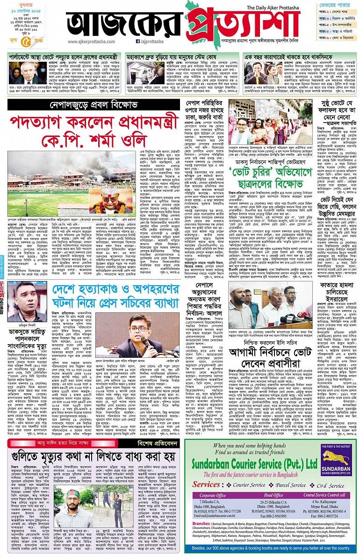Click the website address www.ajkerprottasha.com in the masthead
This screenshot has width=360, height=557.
point(87,41)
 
